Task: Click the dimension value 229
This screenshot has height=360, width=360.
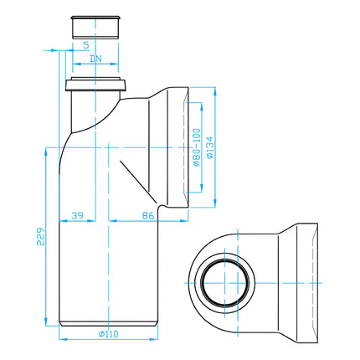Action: [41, 237]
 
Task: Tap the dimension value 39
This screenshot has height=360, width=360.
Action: [77, 215]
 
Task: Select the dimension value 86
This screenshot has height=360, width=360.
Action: [148, 215]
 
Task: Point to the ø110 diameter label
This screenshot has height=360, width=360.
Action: [109, 334]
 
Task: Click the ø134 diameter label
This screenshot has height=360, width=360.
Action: [210, 147]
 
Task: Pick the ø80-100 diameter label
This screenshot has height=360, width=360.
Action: [197, 147]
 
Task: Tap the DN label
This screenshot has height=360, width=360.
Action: [95, 59]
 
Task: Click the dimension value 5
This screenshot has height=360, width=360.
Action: [86, 45]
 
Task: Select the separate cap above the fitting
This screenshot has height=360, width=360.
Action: [95, 27]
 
